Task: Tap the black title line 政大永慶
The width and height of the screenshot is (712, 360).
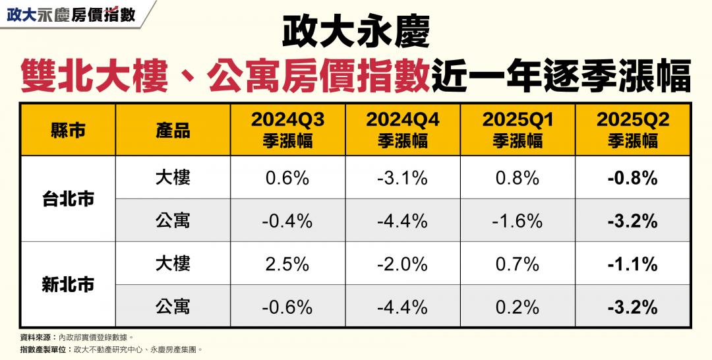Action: coord(356,32)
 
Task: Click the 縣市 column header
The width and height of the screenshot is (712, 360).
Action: coord(68,130)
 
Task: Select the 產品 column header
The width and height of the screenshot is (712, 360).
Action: coord(173,130)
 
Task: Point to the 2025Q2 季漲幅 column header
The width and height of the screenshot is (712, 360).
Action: coord(632,130)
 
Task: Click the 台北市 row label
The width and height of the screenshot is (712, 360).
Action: coord(68,198)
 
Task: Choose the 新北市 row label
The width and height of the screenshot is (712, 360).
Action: coord(68,285)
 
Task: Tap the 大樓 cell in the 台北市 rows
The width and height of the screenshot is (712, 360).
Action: coord(173,177)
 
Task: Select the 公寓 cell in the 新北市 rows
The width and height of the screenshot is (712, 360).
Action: coord(173,307)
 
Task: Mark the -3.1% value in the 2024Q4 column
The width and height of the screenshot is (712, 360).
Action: coord(402,178)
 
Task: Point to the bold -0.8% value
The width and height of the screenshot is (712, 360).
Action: coord(632,178)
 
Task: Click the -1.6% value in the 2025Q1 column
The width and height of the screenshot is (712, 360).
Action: coord(517,221)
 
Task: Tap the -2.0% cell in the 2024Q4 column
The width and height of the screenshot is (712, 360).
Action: coord(402,264)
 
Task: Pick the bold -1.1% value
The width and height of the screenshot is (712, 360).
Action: coord(632,264)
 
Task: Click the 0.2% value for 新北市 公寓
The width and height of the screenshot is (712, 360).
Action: coord(517,307)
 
